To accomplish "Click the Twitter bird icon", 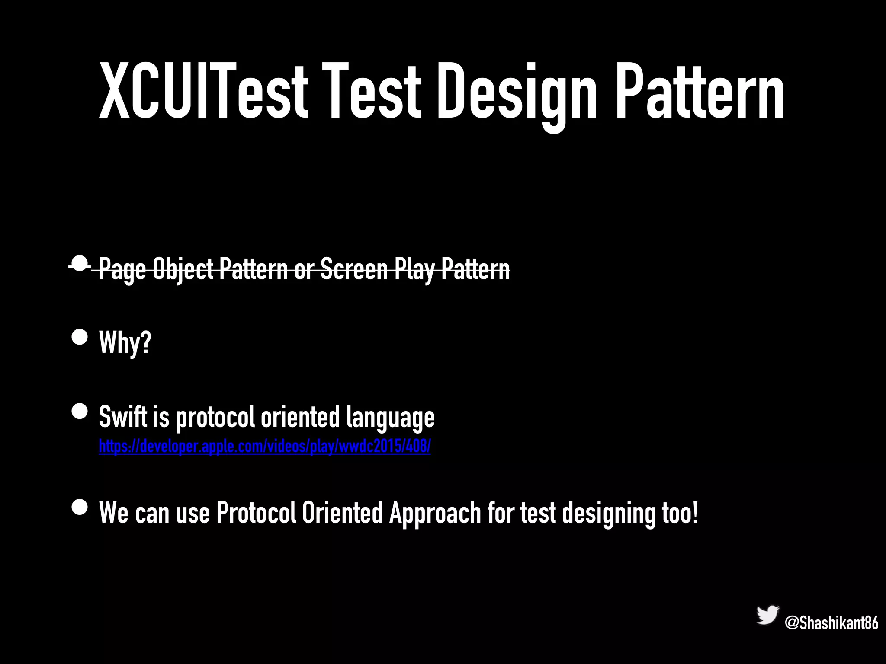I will pos(767,615).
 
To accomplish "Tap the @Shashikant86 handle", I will pos(831,623).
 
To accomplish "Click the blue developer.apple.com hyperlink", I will pos(264,446).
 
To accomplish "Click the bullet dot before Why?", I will pos(80,337).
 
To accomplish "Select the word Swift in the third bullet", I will pos(123,417).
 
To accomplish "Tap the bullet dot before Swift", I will pos(80,411).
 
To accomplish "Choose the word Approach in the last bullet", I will pos(435,513).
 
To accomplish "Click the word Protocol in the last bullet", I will pos(256,513).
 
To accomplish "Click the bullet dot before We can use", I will pos(80,507).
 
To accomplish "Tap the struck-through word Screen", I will pos(353,269).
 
